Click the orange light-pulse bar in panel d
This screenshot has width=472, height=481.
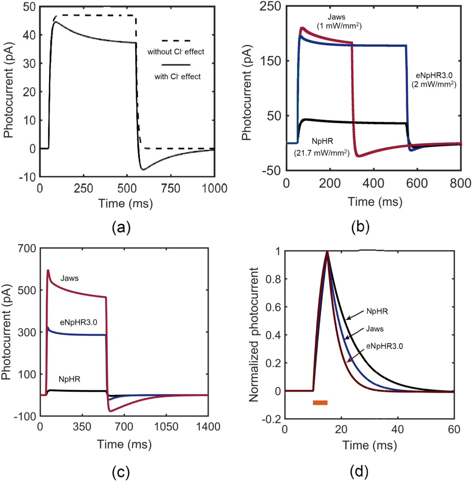320,403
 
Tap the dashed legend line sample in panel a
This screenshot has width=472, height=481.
176,41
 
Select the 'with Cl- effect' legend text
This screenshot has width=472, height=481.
178,77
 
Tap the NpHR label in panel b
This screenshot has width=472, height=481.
322,142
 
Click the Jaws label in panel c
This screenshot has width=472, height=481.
69,278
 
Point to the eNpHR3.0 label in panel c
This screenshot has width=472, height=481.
78,322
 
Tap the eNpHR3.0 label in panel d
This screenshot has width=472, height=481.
384,346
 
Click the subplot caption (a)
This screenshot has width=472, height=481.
121,227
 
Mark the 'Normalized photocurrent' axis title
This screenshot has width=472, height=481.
254,335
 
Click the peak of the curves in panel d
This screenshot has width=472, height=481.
327,252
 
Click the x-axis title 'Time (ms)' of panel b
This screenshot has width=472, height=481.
375,202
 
